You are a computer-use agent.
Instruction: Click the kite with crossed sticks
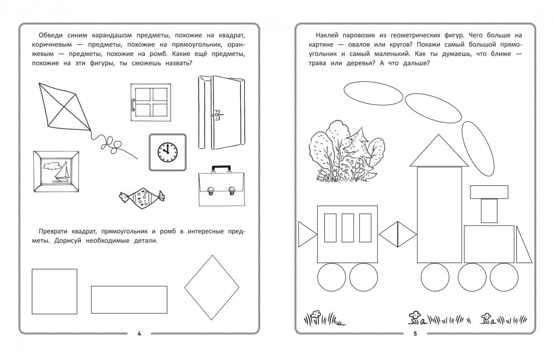65,108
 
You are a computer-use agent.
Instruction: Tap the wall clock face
167,152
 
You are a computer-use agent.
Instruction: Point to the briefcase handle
221,168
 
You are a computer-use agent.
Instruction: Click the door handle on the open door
218,114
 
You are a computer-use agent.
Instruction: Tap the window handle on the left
133,105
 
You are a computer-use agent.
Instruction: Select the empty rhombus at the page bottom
213,288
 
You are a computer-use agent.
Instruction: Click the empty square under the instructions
54,291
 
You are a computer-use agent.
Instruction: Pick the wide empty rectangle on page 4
129,300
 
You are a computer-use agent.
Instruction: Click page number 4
139,333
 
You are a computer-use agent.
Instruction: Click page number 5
415,333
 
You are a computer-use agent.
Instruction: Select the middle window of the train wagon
348,228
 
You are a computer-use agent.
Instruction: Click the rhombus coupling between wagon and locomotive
398,234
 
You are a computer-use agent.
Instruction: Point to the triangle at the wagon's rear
306,234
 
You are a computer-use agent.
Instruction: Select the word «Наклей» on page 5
328,35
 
